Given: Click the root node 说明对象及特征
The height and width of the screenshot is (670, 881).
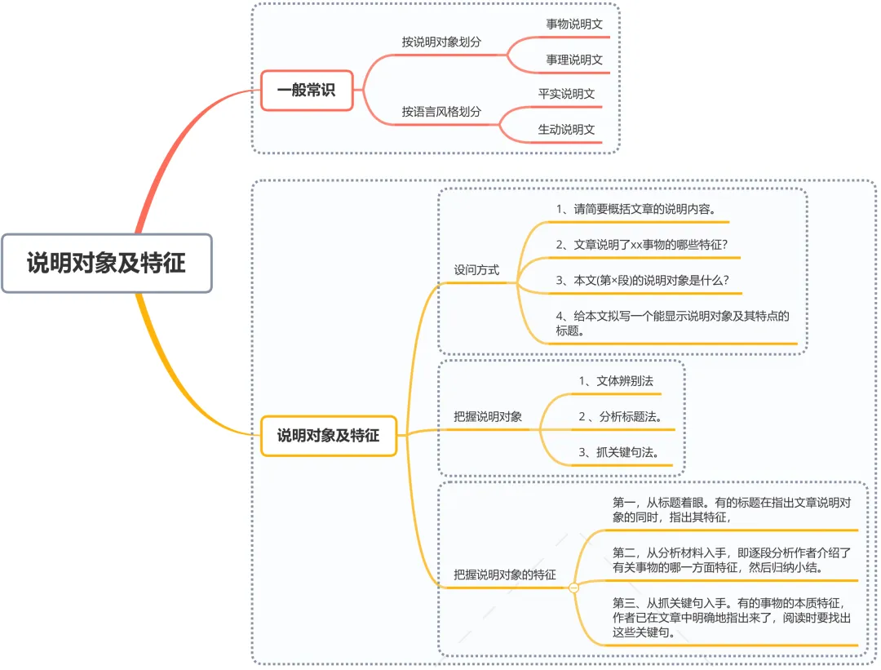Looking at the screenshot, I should [107, 263].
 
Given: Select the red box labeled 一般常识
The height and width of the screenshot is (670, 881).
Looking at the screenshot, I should [306, 91].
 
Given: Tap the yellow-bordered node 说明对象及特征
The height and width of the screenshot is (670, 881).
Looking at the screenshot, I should [328, 435].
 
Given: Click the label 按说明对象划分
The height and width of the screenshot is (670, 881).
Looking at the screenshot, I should [441, 41].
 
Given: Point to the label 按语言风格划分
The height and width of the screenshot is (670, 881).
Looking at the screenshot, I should [441, 111].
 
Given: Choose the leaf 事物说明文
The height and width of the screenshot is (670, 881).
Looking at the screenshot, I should [574, 24].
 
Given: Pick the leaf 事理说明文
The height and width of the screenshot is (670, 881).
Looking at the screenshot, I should [574, 60].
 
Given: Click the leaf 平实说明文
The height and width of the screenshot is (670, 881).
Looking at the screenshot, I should [566, 94].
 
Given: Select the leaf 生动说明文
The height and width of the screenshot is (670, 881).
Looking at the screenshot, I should [566, 129].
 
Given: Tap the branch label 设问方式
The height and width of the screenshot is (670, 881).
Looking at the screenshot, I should [476, 269].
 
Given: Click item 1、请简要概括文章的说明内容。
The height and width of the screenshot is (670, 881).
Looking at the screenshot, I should [636, 209].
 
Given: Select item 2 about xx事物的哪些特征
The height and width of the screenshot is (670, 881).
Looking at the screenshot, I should [642, 244].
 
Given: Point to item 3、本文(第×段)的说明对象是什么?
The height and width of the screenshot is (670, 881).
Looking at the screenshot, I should [643, 280].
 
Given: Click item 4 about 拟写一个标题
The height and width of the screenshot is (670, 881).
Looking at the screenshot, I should [672, 323].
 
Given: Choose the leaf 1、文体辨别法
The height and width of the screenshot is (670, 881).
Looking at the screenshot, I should [616, 381].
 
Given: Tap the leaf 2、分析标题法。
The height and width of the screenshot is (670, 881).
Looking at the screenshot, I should [620, 417].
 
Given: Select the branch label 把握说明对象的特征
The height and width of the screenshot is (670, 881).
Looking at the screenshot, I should [505, 575].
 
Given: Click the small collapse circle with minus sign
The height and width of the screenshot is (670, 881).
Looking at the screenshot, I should [573, 587].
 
